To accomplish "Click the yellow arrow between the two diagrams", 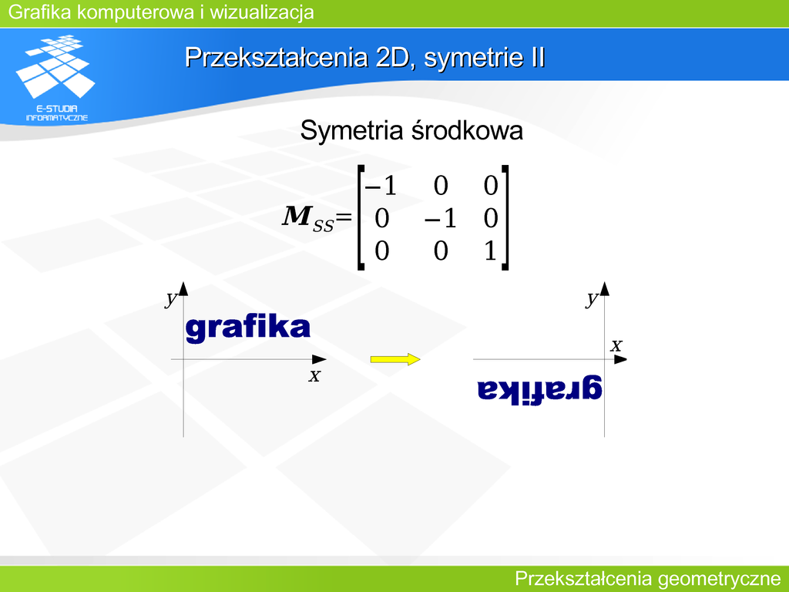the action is [x=395, y=359].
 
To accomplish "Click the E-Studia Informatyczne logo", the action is [x=55, y=78].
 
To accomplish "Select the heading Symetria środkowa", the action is [x=411, y=130].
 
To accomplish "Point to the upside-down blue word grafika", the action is [x=539, y=390].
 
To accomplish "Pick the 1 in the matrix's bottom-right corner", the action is [x=491, y=251].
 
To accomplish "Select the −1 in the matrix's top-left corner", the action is [x=381, y=186].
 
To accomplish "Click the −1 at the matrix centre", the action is [x=440, y=218].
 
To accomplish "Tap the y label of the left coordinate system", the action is [x=172, y=298].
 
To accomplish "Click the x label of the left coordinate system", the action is [x=314, y=375].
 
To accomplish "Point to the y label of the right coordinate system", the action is [x=593, y=298].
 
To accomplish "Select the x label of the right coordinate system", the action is [x=616, y=346].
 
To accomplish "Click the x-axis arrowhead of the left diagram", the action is [x=319, y=359].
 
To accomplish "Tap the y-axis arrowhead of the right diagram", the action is [x=604, y=288].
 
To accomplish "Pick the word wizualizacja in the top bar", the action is [x=262, y=12].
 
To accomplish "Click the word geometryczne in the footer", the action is [x=719, y=579].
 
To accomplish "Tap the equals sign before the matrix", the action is [x=343, y=217].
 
